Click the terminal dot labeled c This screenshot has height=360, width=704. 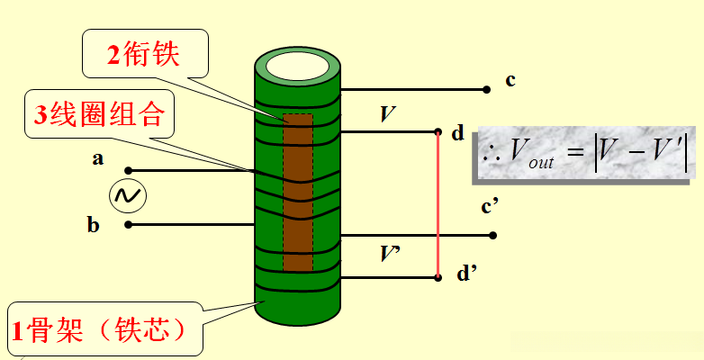point(486,90)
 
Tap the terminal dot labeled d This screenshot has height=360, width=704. point(438,131)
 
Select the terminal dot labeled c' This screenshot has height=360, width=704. point(493,235)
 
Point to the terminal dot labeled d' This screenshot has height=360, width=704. point(438,278)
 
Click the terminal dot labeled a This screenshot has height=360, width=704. point(129,171)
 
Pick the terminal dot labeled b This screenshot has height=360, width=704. point(129,224)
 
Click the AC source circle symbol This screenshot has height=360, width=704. point(128,195)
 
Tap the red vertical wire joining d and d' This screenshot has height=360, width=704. point(438,204)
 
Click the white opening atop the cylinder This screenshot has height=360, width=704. point(297,67)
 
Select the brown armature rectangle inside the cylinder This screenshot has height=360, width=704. point(298,192)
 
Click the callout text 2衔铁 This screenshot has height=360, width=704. point(143,55)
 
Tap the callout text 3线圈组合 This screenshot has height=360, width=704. point(97,114)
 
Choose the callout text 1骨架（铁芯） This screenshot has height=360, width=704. point(99,330)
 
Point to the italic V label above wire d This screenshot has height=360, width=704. point(387,114)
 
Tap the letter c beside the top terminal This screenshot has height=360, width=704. point(510,81)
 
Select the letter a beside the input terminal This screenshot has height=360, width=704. point(98,158)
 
